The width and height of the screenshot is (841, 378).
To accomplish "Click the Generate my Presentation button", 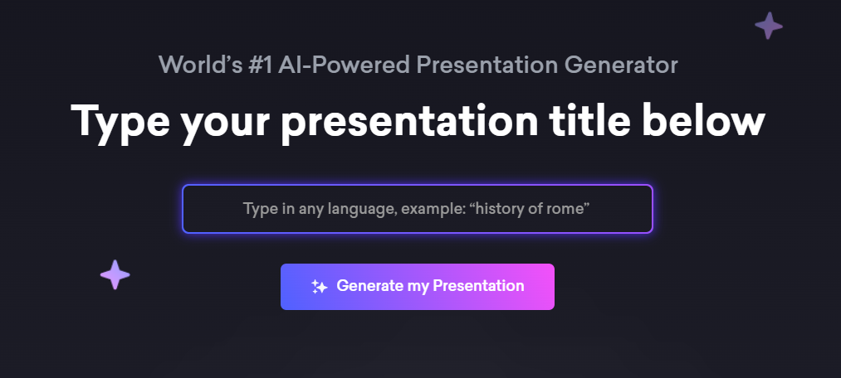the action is pyautogui.click(x=418, y=287).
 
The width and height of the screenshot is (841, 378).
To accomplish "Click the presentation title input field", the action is pyautogui.click(x=418, y=209).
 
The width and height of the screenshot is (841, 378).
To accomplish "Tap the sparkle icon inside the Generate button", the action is pyautogui.click(x=319, y=287).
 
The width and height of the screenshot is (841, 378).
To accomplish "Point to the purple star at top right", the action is pyautogui.click(x=769, y=26).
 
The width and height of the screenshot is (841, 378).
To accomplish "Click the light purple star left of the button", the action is pyautogui.click(x=115, y=274).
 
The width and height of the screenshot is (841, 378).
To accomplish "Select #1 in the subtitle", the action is pyautogui.click(x=261, y=65).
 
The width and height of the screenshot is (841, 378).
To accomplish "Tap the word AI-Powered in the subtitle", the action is pyautogui.click(x=345, y=65).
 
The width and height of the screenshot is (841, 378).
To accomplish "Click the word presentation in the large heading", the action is pyautogui.click(x=409, y=124).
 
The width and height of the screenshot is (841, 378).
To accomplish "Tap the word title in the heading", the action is pyautogui.click(x=589, y=120).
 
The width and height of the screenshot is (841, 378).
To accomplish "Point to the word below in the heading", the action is pyautogui.click(x=703, y=120).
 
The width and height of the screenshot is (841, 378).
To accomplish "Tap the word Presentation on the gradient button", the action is pyautogui.click(x=478, y=286).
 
